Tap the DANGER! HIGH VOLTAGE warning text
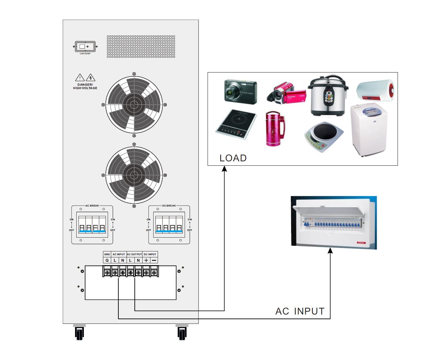pyautogui.click(x=85, y=86)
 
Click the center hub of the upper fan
pyautogui.click(x=134, y=105)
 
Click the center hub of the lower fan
pyautogui.click(x=134, y=175)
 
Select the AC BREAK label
pyautogui.click(x=92, y=206)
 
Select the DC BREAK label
pyautogui.click(x=169, y=206)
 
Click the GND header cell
pyautogui.click(x=107, y=254)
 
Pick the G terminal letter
pyautogui.click(x=107, y=260)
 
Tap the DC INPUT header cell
pyautogui.click(x=150, y=254)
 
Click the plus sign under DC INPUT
pyautogui.click(x=146, y=260)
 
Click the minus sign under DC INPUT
pyautogui.click(x=154, y=260)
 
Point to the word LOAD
pyautogui.click(x=233, y=158)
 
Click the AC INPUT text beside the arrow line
pyautogui.click(x=300, y=311)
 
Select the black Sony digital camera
pyautogui.click(x=240, y=92)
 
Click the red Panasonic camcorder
pyautogui.click(x=286, y=93)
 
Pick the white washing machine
pyautogui.click(x=368, y=130)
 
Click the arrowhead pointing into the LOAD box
pyautogui.click(x=224, y=169)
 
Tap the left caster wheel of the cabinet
pyautogui.click(x=79, y=333)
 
